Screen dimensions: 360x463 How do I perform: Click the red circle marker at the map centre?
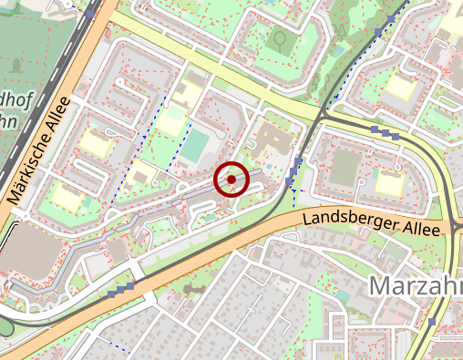231,180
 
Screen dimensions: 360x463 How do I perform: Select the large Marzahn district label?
416,285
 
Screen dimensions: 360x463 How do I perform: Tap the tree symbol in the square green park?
281,41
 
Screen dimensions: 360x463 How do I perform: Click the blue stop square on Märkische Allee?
91,13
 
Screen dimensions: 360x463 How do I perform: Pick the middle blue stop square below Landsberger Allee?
120,290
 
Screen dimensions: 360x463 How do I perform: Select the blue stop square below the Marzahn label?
431,322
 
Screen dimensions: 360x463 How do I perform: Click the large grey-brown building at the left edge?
27,249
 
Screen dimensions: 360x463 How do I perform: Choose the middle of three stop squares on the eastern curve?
386,132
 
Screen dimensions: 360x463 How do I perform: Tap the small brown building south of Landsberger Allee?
195,288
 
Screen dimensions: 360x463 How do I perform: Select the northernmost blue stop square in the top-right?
391,19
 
